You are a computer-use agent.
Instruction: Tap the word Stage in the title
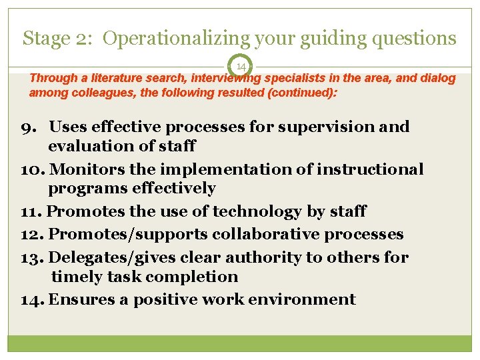click(45, 38)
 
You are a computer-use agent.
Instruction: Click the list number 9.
click(37, 127)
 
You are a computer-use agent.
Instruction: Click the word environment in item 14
click(302, 299)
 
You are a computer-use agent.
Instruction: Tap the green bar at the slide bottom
click(240, 343)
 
